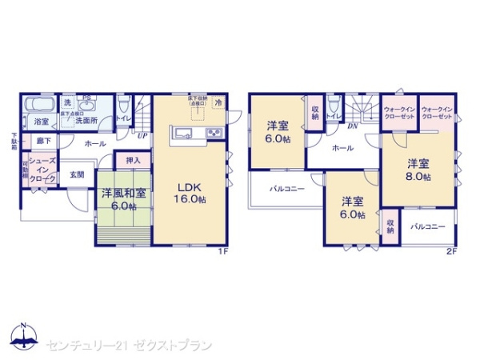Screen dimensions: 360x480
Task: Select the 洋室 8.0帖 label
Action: coord(417,169)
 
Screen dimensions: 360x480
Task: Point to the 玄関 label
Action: coord(76,174)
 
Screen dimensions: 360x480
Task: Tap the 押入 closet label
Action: coord(133,161)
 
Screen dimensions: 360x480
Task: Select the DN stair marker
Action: coord(352,126)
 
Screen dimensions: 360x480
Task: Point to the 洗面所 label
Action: coord(87,121)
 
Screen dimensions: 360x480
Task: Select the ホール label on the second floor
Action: coord(342,148)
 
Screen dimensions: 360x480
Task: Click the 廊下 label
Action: coord(43,141)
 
